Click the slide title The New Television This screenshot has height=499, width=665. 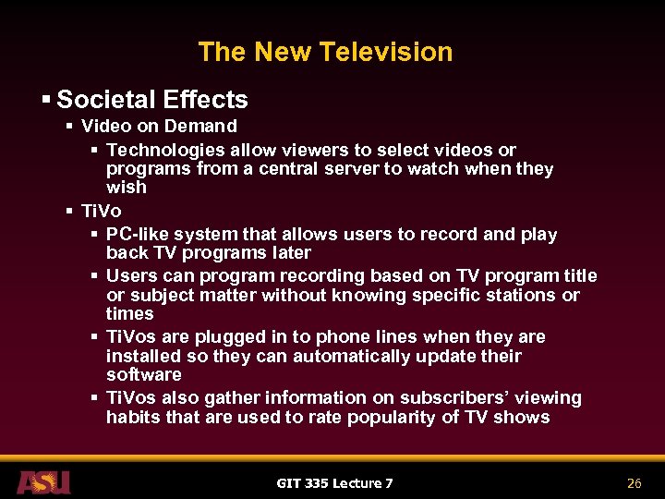[x=325, y=52]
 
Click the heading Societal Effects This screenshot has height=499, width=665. [x=151, y=100]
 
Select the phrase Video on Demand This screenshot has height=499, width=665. [x=159, y=127]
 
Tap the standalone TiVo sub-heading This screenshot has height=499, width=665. [x=101, y=211]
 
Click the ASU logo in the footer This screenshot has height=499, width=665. [x=42, y=482]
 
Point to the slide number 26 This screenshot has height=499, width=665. [x=634, y=483]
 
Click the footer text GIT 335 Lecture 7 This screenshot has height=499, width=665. [x=334, y=483]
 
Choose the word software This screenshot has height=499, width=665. [x=143, y=375]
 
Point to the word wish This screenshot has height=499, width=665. [x=127, y=188]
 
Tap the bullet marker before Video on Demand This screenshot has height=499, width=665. [x=70, y=127]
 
